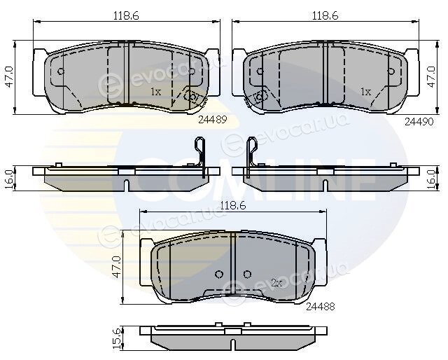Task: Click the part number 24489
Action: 212,120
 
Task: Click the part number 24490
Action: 419,122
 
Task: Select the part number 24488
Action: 321,307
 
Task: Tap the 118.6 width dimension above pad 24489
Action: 126,15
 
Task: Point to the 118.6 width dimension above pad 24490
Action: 325,15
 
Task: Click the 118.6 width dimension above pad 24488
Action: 233,206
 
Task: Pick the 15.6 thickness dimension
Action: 117,338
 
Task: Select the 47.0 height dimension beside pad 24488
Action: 117,267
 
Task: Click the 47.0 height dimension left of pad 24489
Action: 9,77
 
